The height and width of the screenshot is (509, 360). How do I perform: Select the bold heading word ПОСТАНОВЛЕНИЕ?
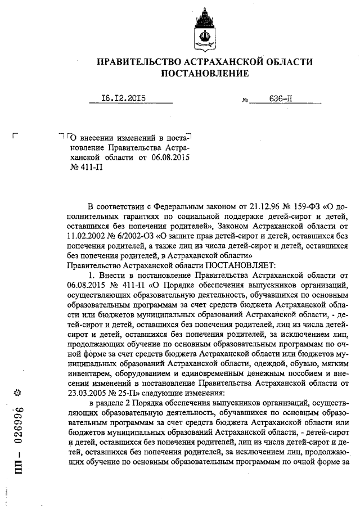click(x=205, y=74)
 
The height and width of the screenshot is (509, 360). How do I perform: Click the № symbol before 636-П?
click(x=245, y=101)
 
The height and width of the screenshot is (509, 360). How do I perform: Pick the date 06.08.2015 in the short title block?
click(x=170, y=157)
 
